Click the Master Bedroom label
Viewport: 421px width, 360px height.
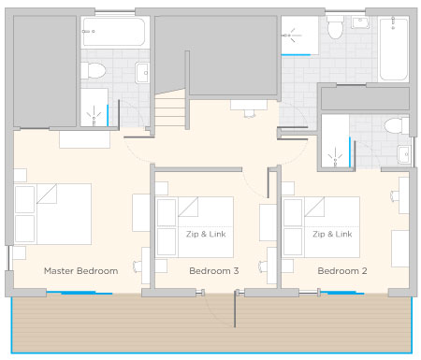pos(81,271)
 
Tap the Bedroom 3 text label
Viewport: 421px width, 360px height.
pos(214,271)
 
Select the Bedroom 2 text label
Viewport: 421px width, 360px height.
pos(342,271)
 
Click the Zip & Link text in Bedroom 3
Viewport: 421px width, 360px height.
pos(206,234)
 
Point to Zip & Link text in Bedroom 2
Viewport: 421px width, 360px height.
pos(332,234)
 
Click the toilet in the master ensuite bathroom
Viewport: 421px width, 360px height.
pos(94,70)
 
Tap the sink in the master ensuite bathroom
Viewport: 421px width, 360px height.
pos(142,73)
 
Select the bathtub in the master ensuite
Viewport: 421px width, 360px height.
pos(113,32)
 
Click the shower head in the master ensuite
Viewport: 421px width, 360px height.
pos(94,116)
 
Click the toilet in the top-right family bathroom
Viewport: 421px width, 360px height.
pos(335,27)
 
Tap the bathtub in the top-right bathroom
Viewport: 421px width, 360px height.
pos(394,49)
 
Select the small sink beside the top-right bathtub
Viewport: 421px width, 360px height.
pos(360,22)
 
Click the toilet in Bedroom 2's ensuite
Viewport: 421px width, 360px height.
pos(396,125)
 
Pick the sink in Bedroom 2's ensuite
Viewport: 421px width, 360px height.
pos(404,154)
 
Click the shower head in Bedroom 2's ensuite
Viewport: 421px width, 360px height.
pos(335,157)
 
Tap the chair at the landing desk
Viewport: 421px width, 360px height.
pos(250,113)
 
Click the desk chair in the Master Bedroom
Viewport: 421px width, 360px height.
pos(137,266)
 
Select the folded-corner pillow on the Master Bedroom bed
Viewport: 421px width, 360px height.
pos(47,194)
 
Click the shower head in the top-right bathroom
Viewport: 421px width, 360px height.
pos(291,36)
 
